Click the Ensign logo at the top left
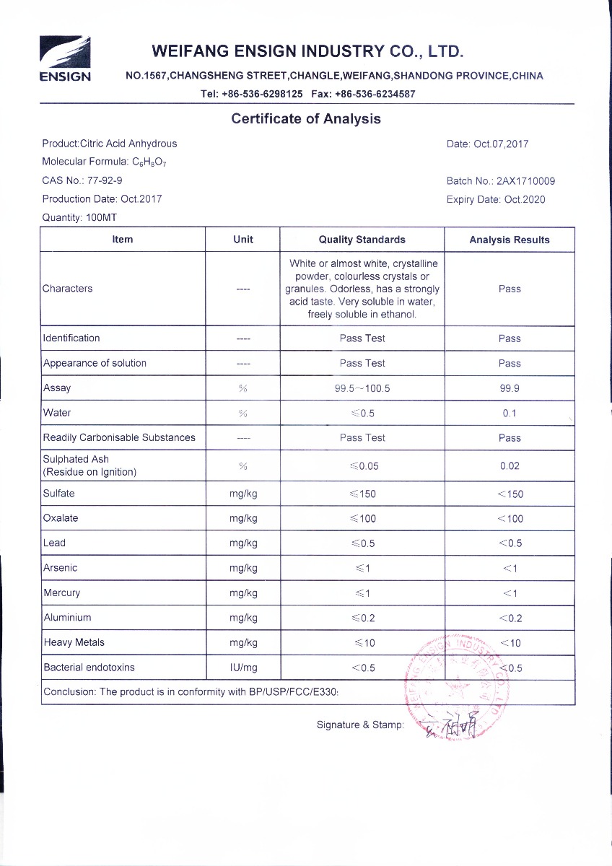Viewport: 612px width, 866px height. coord(64,59)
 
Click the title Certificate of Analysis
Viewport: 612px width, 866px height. coord(305,119)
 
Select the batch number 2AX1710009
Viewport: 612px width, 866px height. coord(526,182)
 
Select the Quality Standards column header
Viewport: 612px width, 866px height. coord(362,240)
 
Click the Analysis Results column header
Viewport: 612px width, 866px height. coord(509,240)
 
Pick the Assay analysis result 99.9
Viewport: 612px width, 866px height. coord(509,388)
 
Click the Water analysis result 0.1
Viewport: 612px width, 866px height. coord(509,414)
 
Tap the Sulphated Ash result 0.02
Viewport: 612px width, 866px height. coord(509,466)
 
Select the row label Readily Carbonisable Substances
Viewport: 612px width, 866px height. coord(119,437)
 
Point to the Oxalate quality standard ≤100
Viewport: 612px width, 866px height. coord(362,519)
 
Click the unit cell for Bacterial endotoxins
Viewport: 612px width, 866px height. coord(243,668)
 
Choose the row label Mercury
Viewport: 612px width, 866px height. coord(62,593)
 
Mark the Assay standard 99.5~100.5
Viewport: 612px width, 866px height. coord(362,388)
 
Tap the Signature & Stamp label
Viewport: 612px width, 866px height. coord(360,725)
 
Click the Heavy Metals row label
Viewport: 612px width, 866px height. coord(74,642)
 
